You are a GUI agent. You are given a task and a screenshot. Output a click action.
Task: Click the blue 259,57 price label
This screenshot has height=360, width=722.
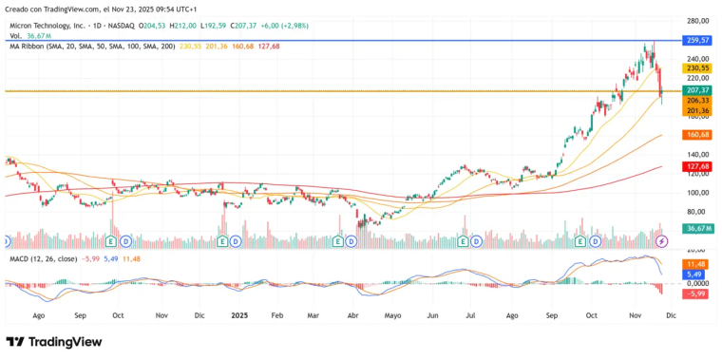[697, 41]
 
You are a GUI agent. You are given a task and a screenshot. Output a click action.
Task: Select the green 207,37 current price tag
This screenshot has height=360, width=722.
[697, 89]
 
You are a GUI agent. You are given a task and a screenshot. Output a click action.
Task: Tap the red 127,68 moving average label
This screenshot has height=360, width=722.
[697, 166]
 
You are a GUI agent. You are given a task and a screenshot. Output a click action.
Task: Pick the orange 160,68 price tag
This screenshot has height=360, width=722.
[697, 135]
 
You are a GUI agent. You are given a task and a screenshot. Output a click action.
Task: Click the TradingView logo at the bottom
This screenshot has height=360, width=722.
[55, 342]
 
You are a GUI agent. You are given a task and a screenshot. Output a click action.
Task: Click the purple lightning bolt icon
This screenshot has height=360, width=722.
[662, 241]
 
